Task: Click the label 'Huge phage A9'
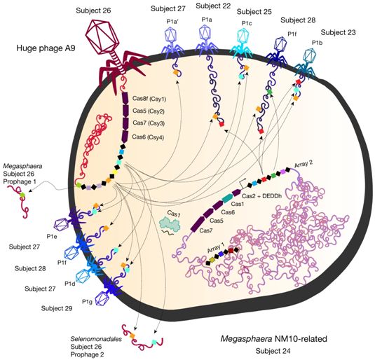46,48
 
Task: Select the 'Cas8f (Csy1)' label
149,99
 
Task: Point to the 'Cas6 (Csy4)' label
148,137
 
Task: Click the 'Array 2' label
304,164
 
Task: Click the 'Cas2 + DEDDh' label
261,196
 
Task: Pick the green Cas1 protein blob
171,223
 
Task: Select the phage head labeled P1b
310,56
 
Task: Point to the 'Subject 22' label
213,6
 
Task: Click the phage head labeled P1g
102,299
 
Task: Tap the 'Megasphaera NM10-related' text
273,339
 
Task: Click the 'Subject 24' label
273,351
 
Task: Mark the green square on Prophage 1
22,195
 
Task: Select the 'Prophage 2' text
88,354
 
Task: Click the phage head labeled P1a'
171,35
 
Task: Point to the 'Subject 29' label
57,308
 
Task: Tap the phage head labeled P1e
62,224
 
